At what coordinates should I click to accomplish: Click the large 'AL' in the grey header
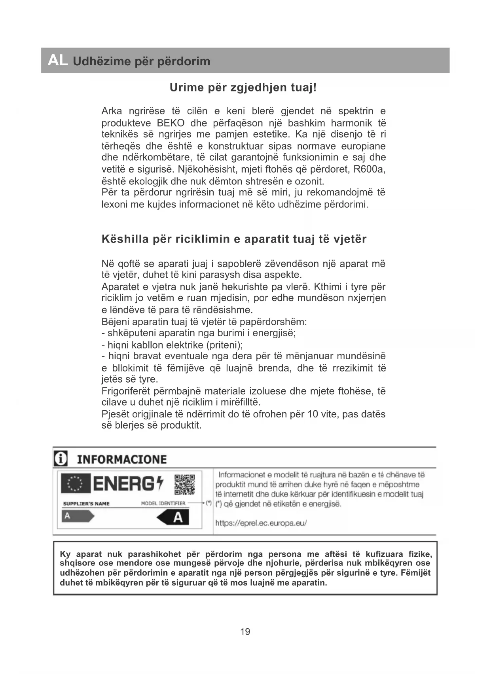click(x=58, y=61)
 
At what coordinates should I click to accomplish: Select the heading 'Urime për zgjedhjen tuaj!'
click(x=243, y=87)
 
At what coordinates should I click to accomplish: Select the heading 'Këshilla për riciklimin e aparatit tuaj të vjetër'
click(x=234, y=239)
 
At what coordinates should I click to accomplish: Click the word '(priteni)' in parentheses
click(x=225, y=345)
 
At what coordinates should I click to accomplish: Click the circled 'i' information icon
click(x=61, y=459)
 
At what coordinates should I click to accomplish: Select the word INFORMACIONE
click(x=122, y=459)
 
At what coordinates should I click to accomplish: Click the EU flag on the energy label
click(x=76, y=484)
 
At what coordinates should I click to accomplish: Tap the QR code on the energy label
click(x=185, y=485)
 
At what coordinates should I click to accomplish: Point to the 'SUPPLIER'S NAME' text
click(x=86, y=504)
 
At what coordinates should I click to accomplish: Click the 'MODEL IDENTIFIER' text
click(x=163, y=503)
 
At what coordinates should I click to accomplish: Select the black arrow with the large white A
click(x=173, y=517)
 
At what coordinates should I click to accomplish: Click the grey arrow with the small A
click(x=78, y=516)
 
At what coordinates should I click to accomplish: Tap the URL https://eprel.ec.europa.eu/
click(x=261, y=523)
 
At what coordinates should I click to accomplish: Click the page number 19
click(x=245, y=631)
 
